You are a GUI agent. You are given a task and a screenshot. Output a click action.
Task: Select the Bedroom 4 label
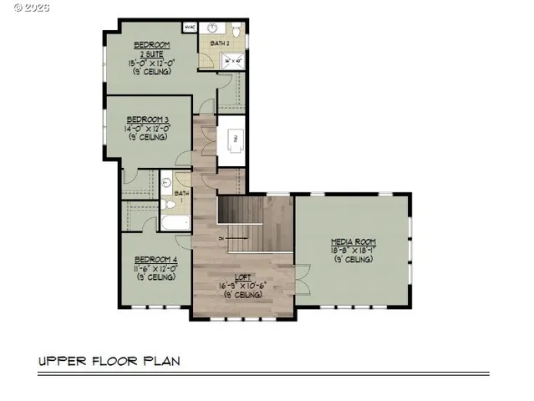pyautogui.click(x=156, y=260)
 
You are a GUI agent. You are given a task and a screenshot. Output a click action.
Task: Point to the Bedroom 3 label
pyautogui.click(x=148, y=119)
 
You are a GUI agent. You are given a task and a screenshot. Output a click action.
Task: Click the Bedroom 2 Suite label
pyautogui.click(x=151, y=48)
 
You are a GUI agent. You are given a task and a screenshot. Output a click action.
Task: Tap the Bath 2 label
pyautogui.click(x=220, y=42)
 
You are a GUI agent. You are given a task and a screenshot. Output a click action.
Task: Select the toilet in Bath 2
pyautogui.click(x=236, y=31)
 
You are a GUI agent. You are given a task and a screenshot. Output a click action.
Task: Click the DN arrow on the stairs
pyautogui.click(x=222, y=240)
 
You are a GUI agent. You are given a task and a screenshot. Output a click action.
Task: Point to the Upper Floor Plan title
pyautogui.click(x=109, y=362)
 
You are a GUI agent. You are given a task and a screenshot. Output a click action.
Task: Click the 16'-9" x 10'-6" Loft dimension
pyautogui.click(x=243, y=287)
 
